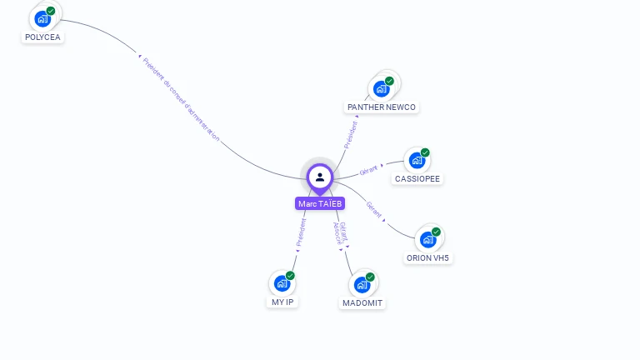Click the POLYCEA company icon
pyautogui.click(x=42, y=18)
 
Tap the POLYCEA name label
pyautogui.click(x=42, y=37)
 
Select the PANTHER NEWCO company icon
pyautogui.click(x=382, y=88)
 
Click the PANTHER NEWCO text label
pyautogui.click(x=382, y=107)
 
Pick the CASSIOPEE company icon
pyautogui.click(x=417, y=160)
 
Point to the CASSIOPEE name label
pyautogui.click(x=417, y=178)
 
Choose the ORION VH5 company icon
pyautogui.click(x=427, y=239)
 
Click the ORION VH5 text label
pyautogui.click(x=427, y=257)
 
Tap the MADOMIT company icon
pyautogui.click(x=362, y=284)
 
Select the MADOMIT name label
pyautogui.click(x=362, y=302)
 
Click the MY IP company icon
pyautogui.click(x=282, y=283)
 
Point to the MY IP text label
pyautogui.click(x=282, y=302)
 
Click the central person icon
pyautogui.click(x=320, y=177)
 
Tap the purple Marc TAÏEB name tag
pyautogui.click(x=320, y=203)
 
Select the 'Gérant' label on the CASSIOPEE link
pyautogui.click(x=368, y=170)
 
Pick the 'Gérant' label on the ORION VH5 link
pyautogui.click(x=374, y=210)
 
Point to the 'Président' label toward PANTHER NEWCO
pyautogui.click(x=351, y=134)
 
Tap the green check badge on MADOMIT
pyautogui.click(x=370, y=277)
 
